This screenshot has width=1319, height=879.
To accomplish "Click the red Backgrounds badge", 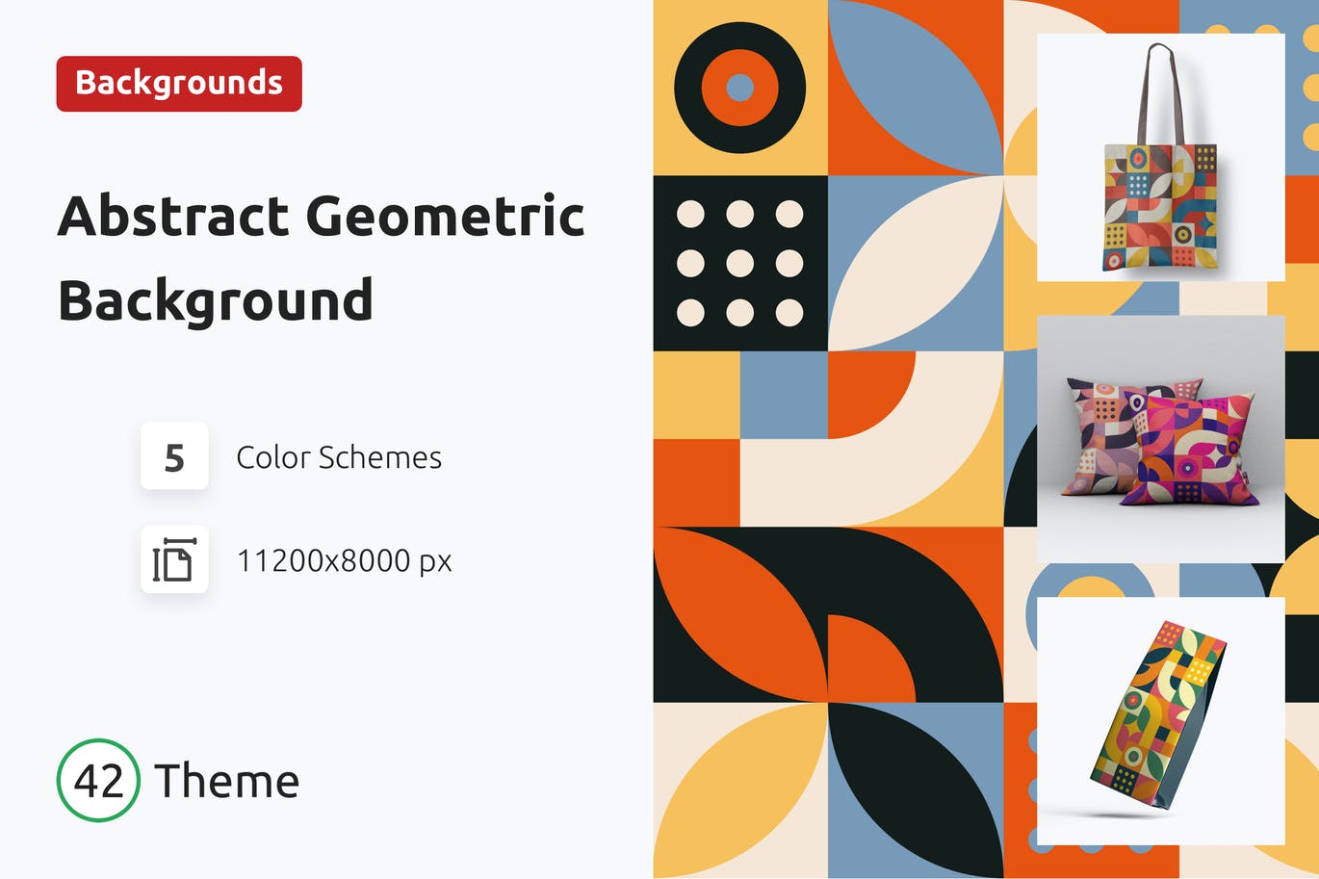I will click(179, 84).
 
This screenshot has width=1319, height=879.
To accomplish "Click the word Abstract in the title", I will click(173, 216).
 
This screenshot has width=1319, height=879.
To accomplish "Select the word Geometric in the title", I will click(446, 216).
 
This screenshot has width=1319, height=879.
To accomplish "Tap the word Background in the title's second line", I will click(216, 300).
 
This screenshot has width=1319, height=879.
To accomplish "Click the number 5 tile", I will click(174, 456).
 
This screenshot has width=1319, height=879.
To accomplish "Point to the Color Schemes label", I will click(339, 457).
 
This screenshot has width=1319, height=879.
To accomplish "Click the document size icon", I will click(174, 559).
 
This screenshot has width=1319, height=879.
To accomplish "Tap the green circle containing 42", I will click(98, 780).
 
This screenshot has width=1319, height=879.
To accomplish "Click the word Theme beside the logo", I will click(227, 781).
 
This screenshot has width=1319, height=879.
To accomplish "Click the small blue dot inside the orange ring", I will click(739, 88).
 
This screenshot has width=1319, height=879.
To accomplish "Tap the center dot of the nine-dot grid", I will click(739, 263).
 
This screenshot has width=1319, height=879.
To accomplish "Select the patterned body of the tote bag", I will click(1160, 207).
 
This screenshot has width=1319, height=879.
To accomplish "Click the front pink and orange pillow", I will click(1192, 452).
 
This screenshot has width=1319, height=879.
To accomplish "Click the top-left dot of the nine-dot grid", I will click(690, 214).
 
